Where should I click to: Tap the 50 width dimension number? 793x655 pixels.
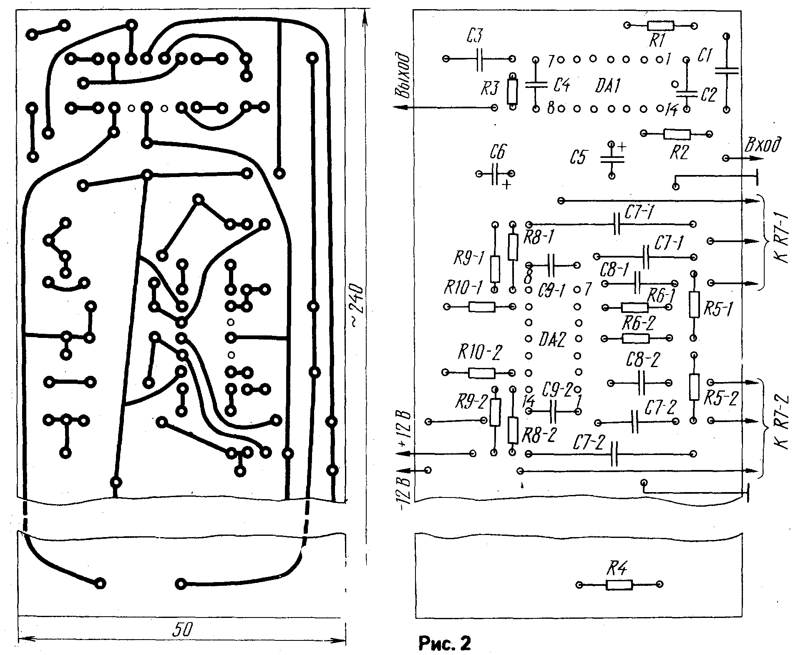coord(182,630)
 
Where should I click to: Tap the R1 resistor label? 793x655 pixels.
coord(657,41)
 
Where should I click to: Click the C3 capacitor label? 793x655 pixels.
coord(474,37)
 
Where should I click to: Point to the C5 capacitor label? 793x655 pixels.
coord(578,158)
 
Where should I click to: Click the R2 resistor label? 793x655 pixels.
coord(678,153)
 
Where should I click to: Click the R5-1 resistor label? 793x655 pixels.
coord(717,309)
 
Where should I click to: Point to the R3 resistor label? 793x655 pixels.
coord(489,88)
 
